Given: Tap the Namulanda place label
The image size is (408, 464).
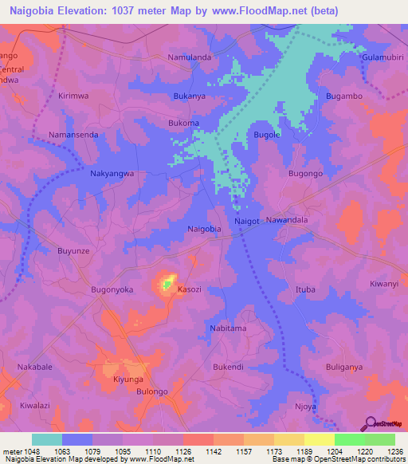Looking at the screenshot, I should coord(189,58).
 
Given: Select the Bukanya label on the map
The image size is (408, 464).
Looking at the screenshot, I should coord(190,96).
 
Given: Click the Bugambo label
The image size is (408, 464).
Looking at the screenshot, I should coord(344,96).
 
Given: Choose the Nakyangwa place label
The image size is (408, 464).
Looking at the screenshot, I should coord(112,173).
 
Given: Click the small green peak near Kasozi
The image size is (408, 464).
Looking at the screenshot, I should coord(167,282).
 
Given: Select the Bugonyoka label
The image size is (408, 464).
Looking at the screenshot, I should coord(112,289).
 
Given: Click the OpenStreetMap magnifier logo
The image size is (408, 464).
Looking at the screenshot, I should coord(371,423).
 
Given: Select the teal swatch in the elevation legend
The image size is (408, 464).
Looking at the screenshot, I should coord(47,439).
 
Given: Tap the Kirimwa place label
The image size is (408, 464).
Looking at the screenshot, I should coord(74,96).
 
